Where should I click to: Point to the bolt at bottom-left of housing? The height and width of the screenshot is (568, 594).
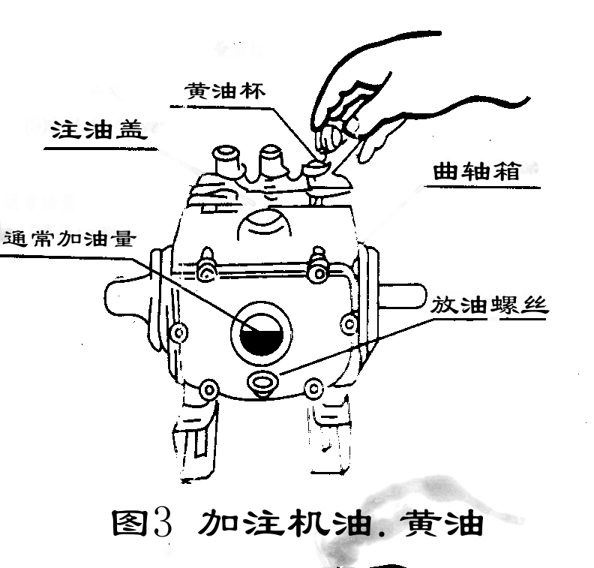point(209,388)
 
